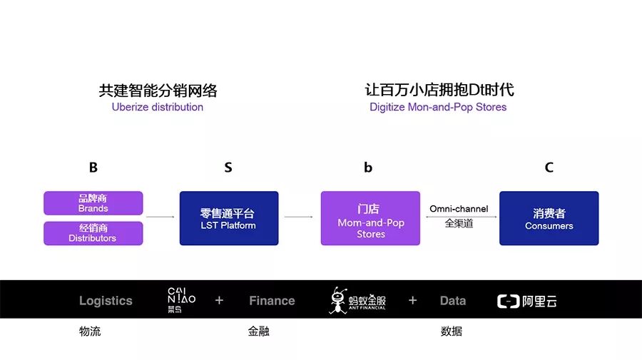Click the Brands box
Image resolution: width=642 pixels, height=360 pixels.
tap(93, 203)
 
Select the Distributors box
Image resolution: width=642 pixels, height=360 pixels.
tap(93, 233)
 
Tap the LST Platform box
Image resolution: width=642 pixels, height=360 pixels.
tap(228, 218)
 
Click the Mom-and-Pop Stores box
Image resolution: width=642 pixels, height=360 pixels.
tap(370, 218)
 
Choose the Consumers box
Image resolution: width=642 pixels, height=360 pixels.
tap(549, 218)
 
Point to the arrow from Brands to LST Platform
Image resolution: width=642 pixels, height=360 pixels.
tap(160, 216)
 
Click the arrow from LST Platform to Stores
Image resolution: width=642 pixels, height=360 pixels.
tap(299, 216)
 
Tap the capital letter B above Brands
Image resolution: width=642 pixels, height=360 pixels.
tap(93, 168)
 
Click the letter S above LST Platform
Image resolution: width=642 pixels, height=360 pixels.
tap(228, 168)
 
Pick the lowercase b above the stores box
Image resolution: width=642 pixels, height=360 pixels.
tap(368, 168)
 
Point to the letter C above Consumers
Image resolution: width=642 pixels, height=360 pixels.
tap(549, 168)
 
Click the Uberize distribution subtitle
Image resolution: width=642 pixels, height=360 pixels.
tap(158, 107)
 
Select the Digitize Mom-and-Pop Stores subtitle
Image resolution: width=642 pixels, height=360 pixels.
tap(438, 107)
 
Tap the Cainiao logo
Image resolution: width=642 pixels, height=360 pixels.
tap(181, 300)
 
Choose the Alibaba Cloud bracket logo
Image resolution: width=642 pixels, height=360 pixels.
tap(507, 301)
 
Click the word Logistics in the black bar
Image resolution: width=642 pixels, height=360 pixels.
tap(106, 301)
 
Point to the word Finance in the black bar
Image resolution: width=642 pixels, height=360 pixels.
tap(272, 301)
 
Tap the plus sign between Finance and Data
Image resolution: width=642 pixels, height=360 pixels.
tap(412, 300)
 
